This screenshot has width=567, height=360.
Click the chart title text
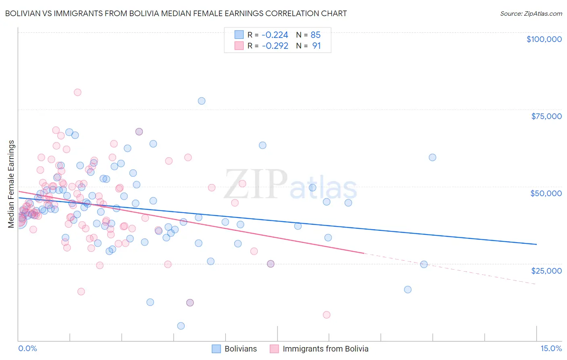pyautogui.click(x=176, y=13)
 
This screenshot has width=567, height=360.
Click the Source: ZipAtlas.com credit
pyautogui.click(x=531, y=13)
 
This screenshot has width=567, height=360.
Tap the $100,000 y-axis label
pyautogui.click(x=544, y=39)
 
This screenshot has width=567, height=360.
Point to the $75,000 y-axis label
pyautogui.click(x=546, y=116)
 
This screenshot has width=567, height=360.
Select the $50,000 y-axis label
pyautogui.click(x=546, y=193)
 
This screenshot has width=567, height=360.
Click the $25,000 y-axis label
pyautogui.click(x=546, y=270)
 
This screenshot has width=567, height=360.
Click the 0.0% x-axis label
pyautogui.click(x=27, y=348)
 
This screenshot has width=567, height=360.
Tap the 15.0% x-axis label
pyautogui.click(x=551, y=348)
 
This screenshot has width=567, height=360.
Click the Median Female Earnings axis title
pyautogui.click(x=11, y=184)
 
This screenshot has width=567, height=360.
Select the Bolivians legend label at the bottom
pyautogui.click(x=240, y=349)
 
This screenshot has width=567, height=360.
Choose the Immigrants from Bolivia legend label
pyautogui.click(x=325, y=349)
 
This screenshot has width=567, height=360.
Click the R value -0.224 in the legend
pyautogui.click(x=275, y=35)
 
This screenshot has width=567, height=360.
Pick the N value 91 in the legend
pyautogui.click(x=317, y=46)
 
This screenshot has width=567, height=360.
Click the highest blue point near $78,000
pyautogui.click(x=202, y=101)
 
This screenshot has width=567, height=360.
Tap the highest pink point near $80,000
pyautogui.click(x=77, y=92)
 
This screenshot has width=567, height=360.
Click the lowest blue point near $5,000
pyautogui.click(x=181, y=326)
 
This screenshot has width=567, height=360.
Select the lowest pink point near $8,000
pyautogui.click(x=327, y=315)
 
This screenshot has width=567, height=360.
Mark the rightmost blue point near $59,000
pyautogui.click(x=432, y=157)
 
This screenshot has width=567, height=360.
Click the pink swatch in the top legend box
pyautogui.click(x=239, y=46)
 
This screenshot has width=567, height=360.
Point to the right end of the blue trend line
pyautogui.click(x=536, y=244)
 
